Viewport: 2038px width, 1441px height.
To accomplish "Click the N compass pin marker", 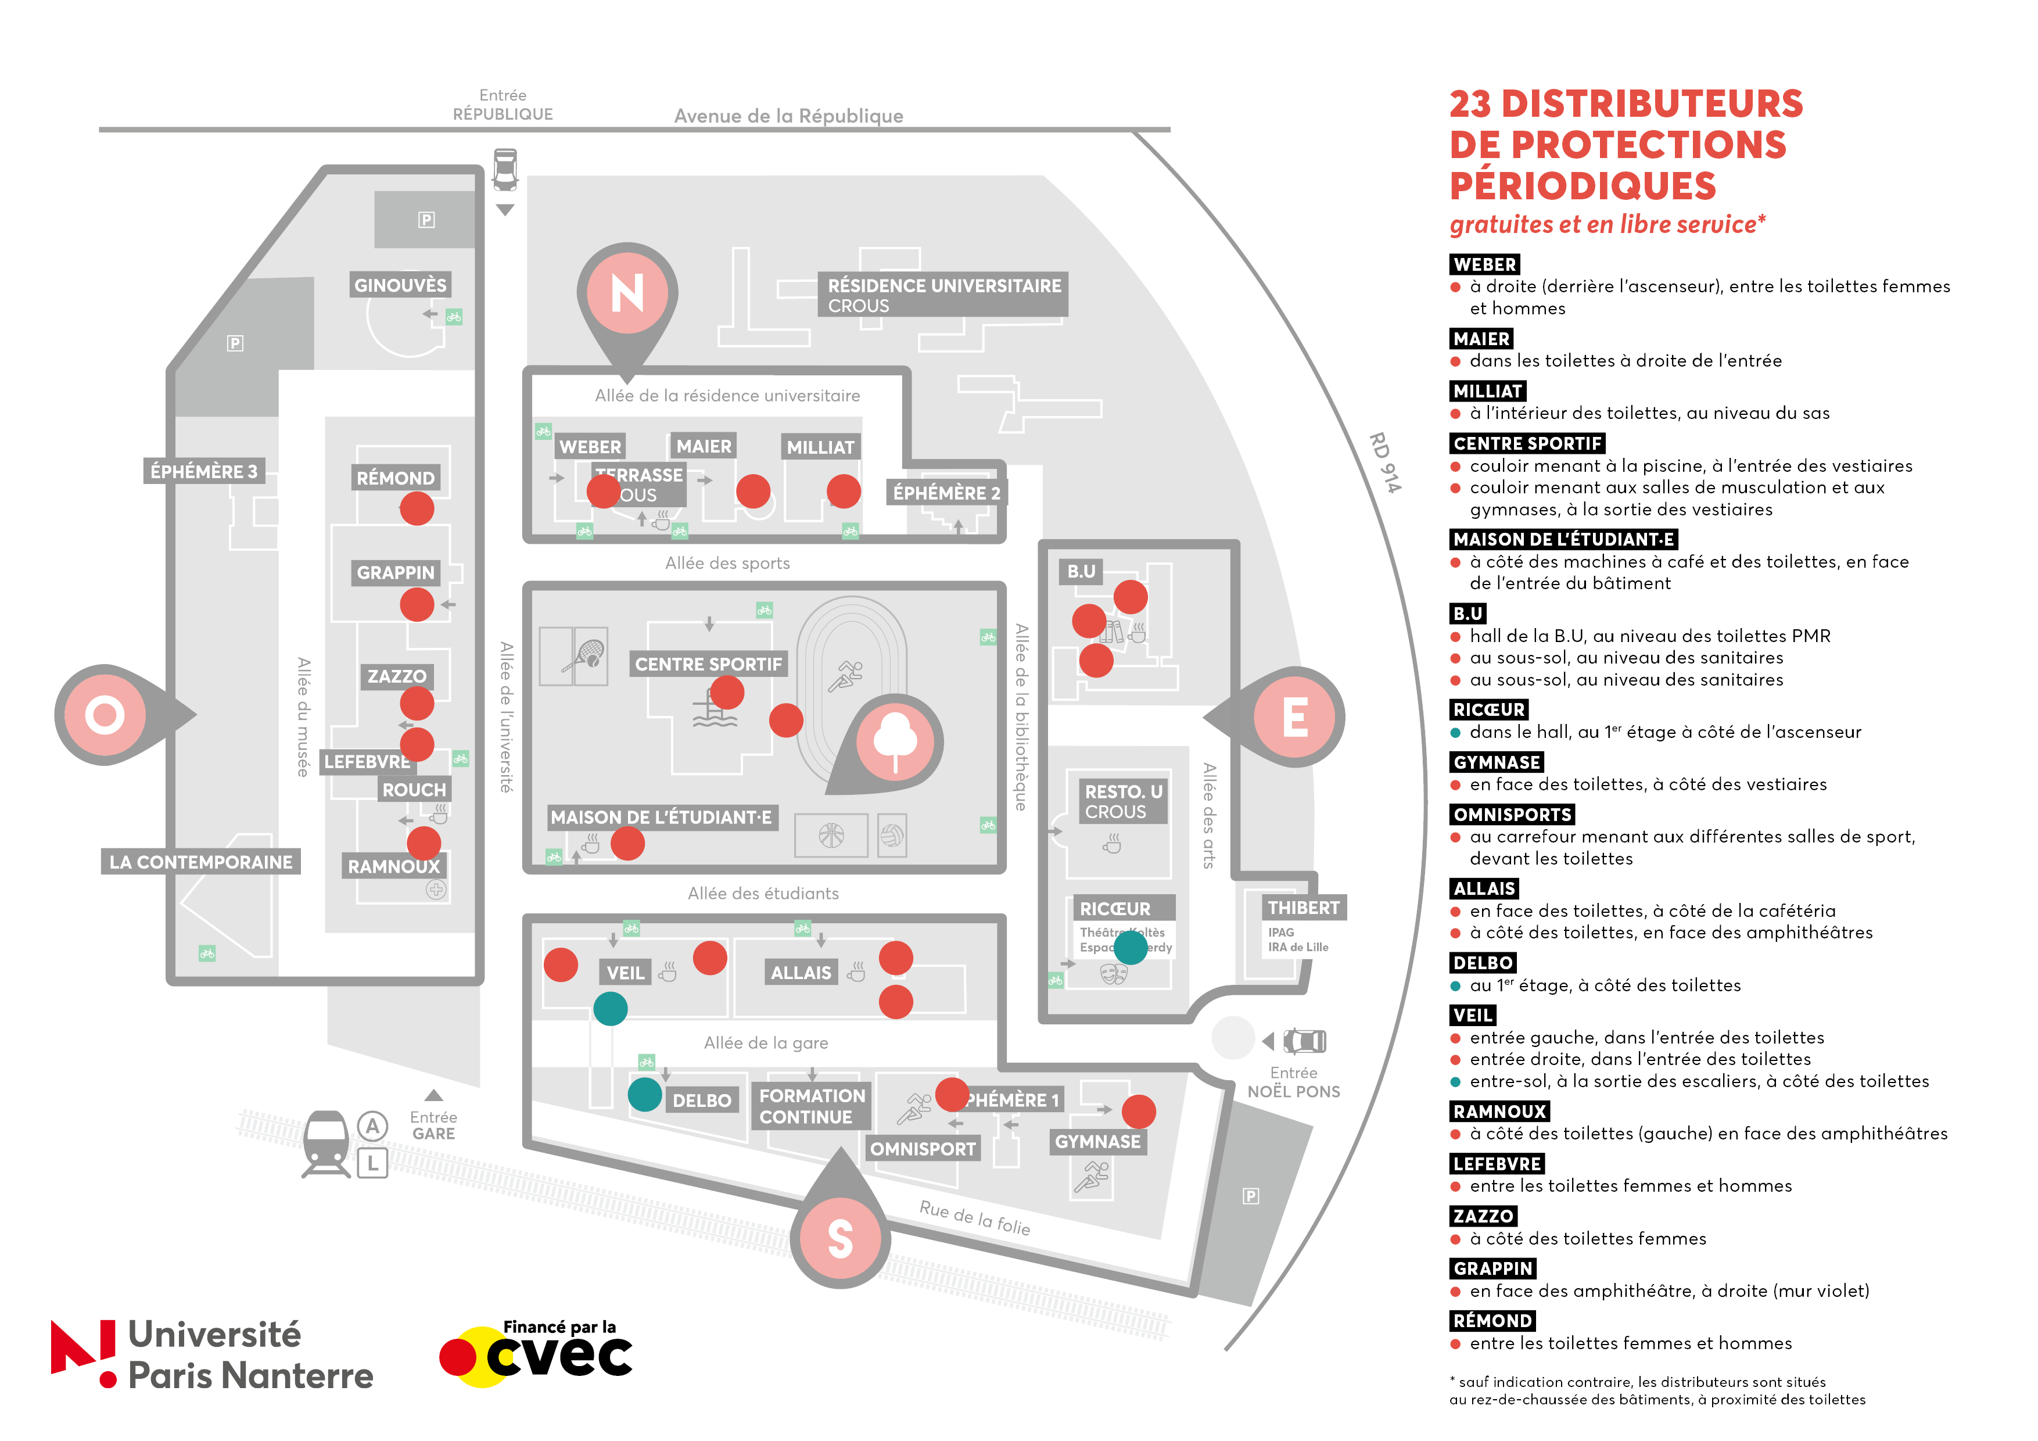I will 627,293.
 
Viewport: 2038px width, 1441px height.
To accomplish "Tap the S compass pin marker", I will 839,1237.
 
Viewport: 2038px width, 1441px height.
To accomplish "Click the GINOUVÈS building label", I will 400,285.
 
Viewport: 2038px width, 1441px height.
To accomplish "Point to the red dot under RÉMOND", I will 417,509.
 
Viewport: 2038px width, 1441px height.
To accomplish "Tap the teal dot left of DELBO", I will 644,1094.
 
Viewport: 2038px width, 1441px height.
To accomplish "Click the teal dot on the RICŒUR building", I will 1130,947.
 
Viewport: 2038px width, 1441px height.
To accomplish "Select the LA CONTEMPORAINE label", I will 200,862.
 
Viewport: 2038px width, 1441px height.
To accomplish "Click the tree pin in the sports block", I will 895,742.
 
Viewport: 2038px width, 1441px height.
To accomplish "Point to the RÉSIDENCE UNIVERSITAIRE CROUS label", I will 943,295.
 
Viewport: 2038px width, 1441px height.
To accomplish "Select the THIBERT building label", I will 1303,908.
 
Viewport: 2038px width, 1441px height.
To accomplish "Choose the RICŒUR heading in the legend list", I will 1488,709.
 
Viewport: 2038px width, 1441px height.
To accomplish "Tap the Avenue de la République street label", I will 788,116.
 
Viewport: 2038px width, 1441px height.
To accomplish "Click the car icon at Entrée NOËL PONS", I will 1304,1041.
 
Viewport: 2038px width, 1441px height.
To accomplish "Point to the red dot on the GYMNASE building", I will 1138,1111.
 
